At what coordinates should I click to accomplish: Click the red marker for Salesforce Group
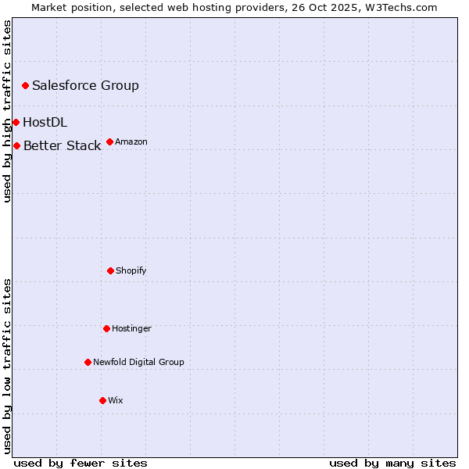pos(25,85)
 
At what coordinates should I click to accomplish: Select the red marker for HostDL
pos(16,122)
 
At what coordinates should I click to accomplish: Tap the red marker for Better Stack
pos(16,145)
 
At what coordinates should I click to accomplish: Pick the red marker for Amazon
pos(109,141)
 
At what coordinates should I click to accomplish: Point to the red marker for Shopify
pos(110,270)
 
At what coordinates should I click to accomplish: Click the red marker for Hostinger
pos(106,328)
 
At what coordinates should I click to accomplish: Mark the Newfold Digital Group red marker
pos(88,362)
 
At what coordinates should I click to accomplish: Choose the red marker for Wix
pos(102,400)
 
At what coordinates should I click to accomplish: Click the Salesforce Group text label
pos(85,85)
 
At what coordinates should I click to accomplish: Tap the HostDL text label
pos(45,122)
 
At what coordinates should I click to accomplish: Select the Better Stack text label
pos(62,145)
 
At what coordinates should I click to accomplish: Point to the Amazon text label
pos(131,141)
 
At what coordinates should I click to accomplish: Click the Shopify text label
pos(131,270)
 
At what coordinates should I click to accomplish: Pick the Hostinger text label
pos(131,328)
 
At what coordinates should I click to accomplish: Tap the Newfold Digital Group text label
pos(138,362)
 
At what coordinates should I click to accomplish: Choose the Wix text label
pos(116,400)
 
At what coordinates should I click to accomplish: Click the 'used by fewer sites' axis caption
pos(81,463)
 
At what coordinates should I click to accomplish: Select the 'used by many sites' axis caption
pos(392,463)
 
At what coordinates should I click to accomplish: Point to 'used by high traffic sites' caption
pos(7,111)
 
